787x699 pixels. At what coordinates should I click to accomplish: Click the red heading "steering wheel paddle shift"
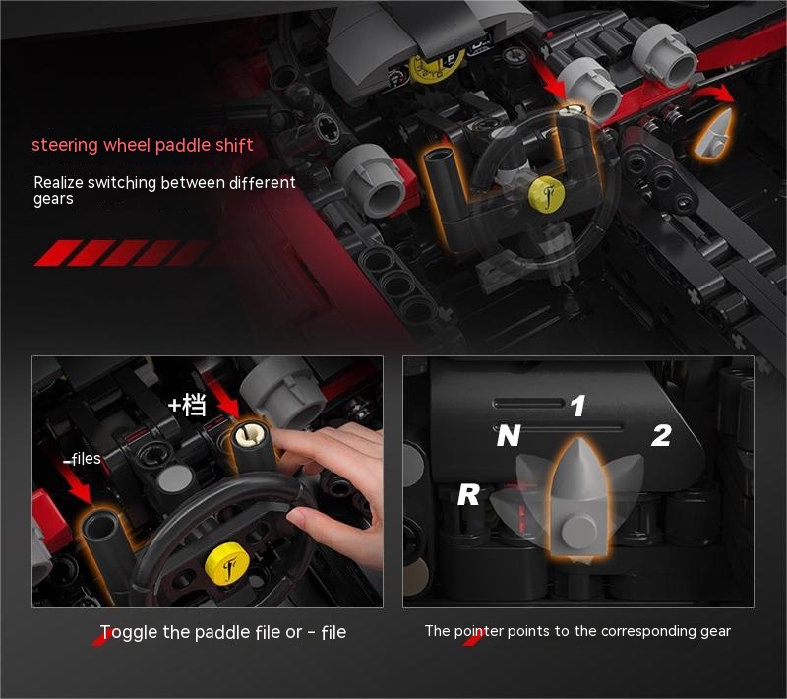pyautogui.click(x=142, y=145)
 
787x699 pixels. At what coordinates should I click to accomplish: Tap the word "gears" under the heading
pyautogui.click(x=53, y=199)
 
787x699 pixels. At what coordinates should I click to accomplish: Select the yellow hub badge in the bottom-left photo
pyautogui.click(x=227, y=564)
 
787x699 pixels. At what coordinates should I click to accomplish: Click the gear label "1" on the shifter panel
pyautogui.click(x=577, y=406)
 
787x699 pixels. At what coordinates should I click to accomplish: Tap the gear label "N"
pyautogui.click(x=508, y=435)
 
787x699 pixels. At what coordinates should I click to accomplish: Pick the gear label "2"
pyautogui.click(x=661, y=435)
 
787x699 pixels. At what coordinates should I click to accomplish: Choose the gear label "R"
pyautogui.click(x=468, y=495)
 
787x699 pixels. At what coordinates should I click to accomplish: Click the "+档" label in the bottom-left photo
pyautogui.click(x=187, y=405)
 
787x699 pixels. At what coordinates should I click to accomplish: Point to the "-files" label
pyautogui.click(x=82, y=459)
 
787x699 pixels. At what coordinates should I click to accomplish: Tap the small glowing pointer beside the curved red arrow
pyautogui.click(x=715, y=133)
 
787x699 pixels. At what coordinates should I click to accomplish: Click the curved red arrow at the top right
pyautogui.click(x=712, y=92)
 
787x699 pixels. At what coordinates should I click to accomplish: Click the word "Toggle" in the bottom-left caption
pyautogui.click(x=129, y=633)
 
